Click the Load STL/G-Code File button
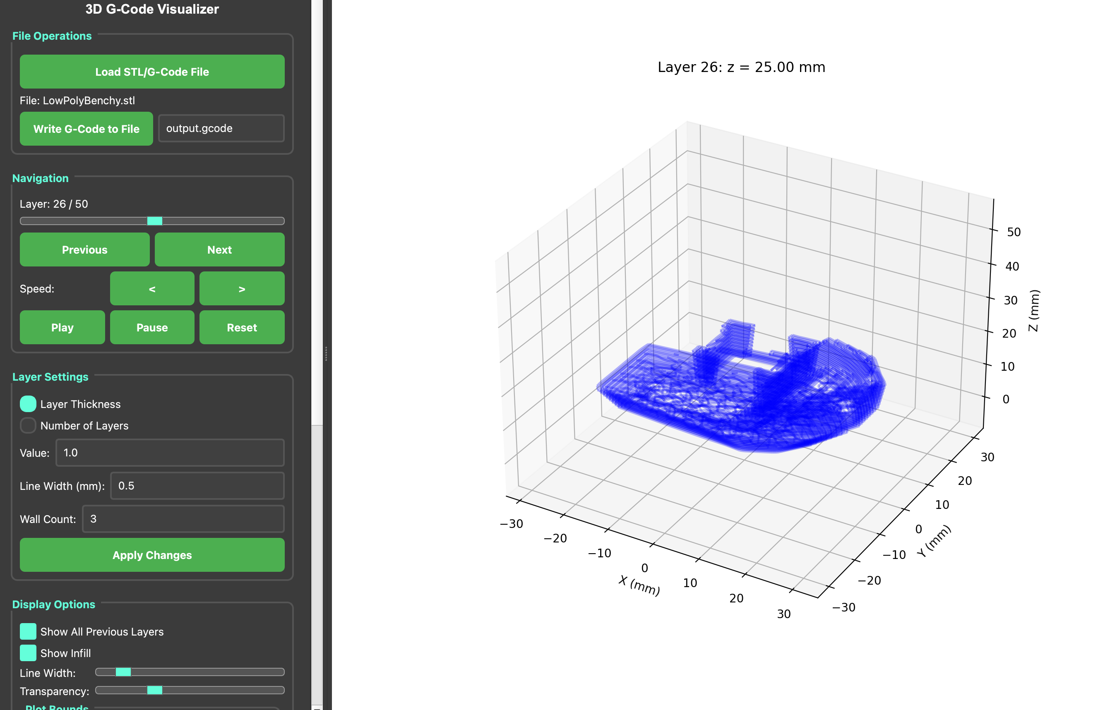[152, 72]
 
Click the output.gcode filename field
[221, 128]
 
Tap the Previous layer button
[85, 249]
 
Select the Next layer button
[219, 249]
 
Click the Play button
[62, 327]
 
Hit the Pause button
[152, 327]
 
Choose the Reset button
[242, 327]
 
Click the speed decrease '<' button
[152, 288]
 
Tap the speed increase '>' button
[242, 288]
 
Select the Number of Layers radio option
[28, 425]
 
